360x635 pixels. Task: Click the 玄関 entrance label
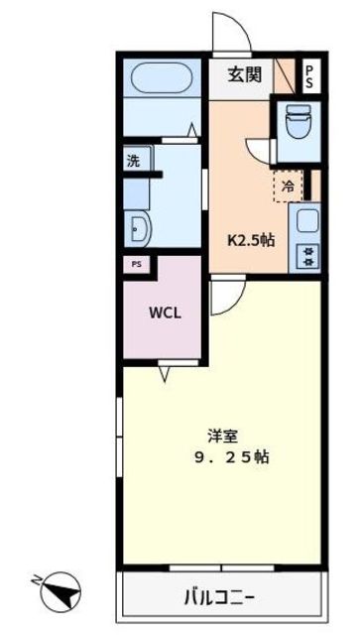click(x=244, y=75)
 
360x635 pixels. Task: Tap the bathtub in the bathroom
click(x=162, y=77)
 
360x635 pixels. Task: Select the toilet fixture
click(x=299, y=121)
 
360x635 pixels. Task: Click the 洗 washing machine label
click(x=133, y=161)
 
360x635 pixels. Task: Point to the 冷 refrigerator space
click(x=289, y=186)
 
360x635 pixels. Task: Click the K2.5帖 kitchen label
click(x=250, y=241)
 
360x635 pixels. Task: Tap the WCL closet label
click(x=165, y=313)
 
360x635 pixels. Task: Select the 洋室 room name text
click(x=222, y=437)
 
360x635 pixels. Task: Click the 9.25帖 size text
click(x=232, y=457)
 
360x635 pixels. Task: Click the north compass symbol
click(x=60, y=592)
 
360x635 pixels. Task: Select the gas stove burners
click(x=308, y=256)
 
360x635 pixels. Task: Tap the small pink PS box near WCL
click(x=137, y=265)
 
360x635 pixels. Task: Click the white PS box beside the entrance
click(x=311, y=76)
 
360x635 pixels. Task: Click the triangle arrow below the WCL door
click(x=164, y=374)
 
